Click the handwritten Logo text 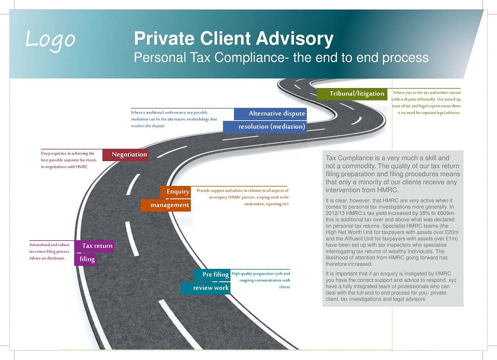click(x=50, y=40)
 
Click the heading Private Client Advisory click(x=233, y=38)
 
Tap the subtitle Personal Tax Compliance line click(x=281, y=57)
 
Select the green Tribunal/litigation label click(x=352, y=94)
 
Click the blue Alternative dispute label click(x=270, y=114)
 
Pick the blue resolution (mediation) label click(x=265, y=127)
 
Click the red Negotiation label click(x=125, y=155)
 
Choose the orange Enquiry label click(x=176, y=192)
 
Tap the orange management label click(x=166, y=205)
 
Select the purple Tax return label click(x=94, y=246)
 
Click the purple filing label click(x=85, y=260)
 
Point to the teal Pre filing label click(x=212, y=275)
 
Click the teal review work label click(x=206, y=288)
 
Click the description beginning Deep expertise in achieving click(x=69, y=160)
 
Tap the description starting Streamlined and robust click(x=50, y=252)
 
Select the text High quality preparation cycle click(x=261, y=280)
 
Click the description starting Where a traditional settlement click(x=174, y=119)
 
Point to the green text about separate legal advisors click(x=426, y=103)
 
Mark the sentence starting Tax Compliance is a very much click(x=393, y=174)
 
